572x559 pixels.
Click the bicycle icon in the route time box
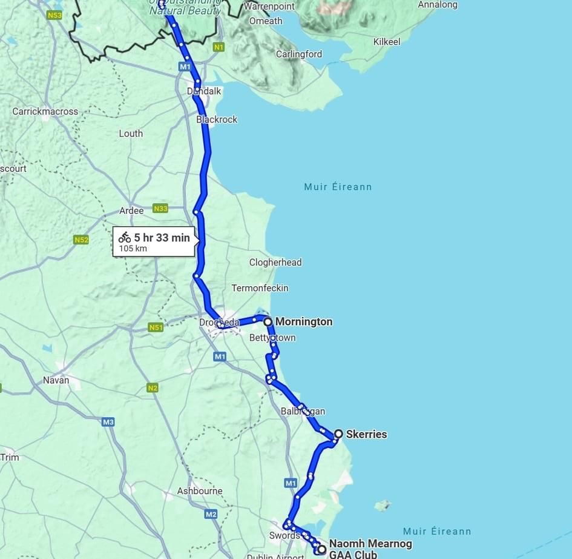tap(125, 238)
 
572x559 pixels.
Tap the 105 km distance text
tap(133, 249)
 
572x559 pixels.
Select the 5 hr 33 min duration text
tap(162, 238)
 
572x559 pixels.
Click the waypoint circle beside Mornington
tap(268, 321)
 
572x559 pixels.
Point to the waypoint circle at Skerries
tap(339, 434)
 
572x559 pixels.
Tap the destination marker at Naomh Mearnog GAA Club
tap(321, 549)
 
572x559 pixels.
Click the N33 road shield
tap(160, 209)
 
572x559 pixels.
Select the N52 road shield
tap(81, 239)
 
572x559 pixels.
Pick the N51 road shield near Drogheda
tap(156, 327)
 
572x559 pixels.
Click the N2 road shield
tap(153, 388)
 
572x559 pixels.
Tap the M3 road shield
tap(108, 422)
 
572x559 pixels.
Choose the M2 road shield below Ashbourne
tap(211, 514)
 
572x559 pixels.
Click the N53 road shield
tap(54, 15)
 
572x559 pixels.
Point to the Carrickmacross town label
tap(45, 112)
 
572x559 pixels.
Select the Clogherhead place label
tap(275, 263)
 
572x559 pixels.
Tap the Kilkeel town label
tap(387, 42)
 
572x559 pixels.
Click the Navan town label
tap(56, 380)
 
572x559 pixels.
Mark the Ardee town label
tap(131, 210)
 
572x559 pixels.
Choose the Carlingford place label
tap(299, 54)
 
